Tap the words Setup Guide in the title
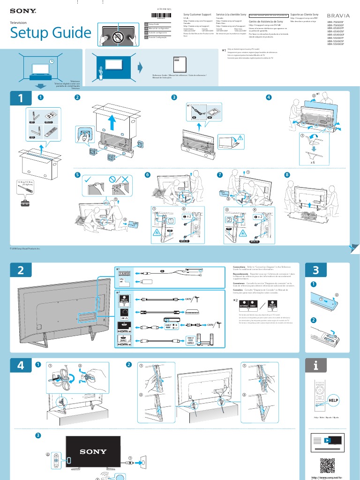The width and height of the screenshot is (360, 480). [x=51, y=33]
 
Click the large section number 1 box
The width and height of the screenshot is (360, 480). [x=20, y=98]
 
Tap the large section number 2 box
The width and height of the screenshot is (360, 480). [x=20, y=270]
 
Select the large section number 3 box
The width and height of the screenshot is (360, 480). [x=315, y=270]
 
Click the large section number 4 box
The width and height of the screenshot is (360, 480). [x=20, y=366]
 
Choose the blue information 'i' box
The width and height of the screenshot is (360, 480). [x=315, y=366]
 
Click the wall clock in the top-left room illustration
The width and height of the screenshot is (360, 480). [x=51, y=61]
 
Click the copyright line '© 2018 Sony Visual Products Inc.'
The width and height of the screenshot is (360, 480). [x=25, y=248]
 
